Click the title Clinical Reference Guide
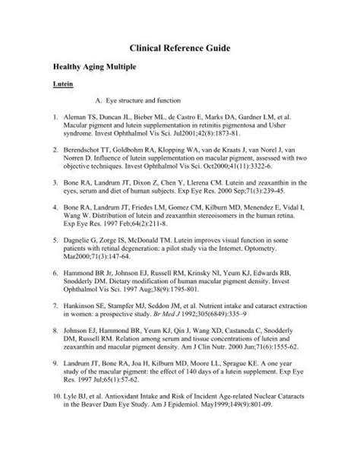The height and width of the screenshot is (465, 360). point(179,47)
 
